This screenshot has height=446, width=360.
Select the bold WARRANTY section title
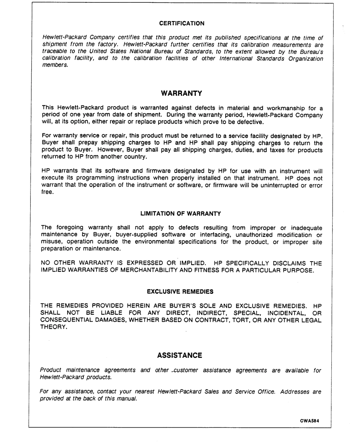pos(181,93)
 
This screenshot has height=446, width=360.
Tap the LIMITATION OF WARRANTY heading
pos(181,213)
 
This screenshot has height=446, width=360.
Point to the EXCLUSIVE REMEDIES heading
pos(180,291)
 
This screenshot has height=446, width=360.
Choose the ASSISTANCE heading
pos(180,355)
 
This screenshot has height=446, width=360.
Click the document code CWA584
pos(314,421)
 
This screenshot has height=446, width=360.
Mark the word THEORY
pos(53,327)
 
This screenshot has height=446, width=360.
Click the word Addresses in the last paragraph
pos(295,392)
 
